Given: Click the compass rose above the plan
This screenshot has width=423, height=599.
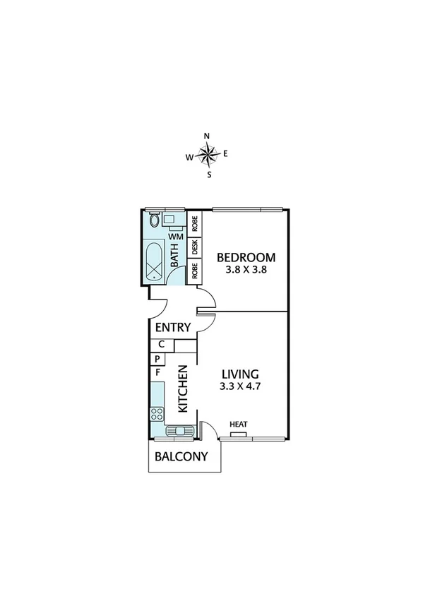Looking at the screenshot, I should pyautogui.click(x=208, y=153).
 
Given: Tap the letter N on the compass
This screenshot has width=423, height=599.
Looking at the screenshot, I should pyautogui.click(x=207, y=136).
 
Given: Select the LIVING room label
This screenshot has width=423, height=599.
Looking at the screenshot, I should pyautogui.click(x=241, y=374).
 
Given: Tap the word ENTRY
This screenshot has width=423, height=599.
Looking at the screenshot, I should pyautogui.click(x=172, y=328).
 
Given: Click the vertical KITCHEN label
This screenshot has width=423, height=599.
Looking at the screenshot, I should pyautogui.click(x=182, y=389).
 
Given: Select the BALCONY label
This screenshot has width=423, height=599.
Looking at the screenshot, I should pyautogui.click(x=181, y=456).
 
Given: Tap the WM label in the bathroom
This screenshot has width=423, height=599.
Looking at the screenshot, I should pyautogui.click(x=176, y=237).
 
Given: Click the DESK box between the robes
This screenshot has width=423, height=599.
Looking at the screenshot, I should pyautogui.click(x=194, y=247).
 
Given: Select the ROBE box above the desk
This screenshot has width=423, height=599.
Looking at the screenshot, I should pyautogui.click(x=194, y=223).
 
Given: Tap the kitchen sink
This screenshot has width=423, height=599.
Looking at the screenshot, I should pyautogui.click(x=177, y=430).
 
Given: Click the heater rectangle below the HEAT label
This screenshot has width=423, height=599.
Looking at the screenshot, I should pyautogui.click(x=238, y=434).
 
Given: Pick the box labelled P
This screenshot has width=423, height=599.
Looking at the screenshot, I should pyautogui.click(x=157, y=358).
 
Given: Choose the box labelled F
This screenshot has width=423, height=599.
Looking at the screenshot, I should pyautogui.click(x=157, y=372).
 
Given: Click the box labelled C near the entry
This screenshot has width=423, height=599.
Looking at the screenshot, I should pyautogui.click(x=161, y=345).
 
